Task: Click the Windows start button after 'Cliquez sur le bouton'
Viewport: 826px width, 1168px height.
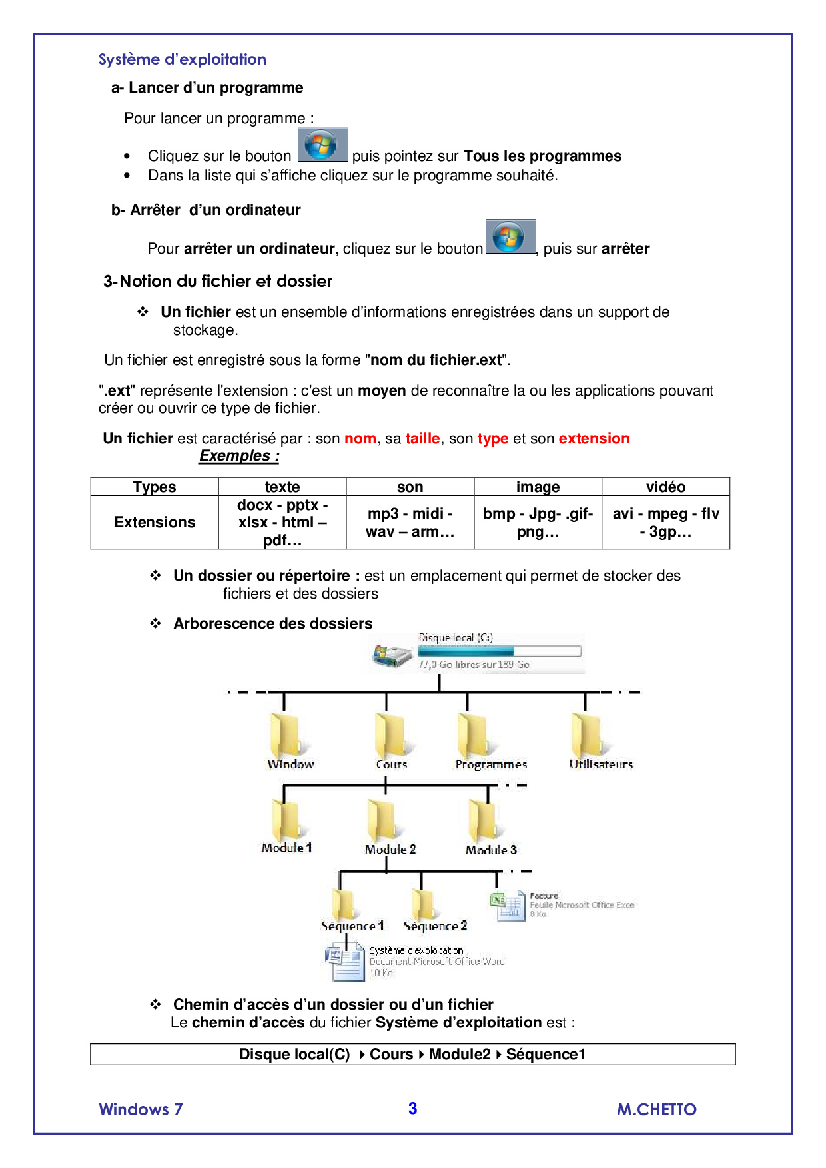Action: [x=322, y=145]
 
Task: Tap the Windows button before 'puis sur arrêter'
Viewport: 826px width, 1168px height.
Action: [x=510, y=237]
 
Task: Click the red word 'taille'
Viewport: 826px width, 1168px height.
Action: [x=422, y=439]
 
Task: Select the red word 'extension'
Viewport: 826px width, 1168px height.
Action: [x=594, y=439]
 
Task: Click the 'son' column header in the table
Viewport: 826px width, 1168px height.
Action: [x=410, y=487]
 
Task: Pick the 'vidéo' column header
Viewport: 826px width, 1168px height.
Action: [x=665, y=487]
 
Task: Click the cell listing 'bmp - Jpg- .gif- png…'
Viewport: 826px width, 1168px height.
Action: [x=538, y=523]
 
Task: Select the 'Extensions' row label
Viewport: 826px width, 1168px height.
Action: [x=155, y=523]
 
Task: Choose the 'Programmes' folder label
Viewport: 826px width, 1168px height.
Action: [x=491, y=765]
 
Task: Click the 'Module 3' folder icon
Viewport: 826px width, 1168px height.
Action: [x=483, y=820]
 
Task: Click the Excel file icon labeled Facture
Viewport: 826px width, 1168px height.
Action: [x=508, y=906]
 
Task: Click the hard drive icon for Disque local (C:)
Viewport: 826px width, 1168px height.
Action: [x=392, y=656]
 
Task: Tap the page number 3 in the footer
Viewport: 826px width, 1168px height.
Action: [x=412, y=1109]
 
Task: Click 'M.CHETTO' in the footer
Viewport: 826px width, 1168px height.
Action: [x=656, y=1110]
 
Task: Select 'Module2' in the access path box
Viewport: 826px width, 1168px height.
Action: [x=460, y=1055]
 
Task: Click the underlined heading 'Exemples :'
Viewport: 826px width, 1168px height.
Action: [x=239, y=456]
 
